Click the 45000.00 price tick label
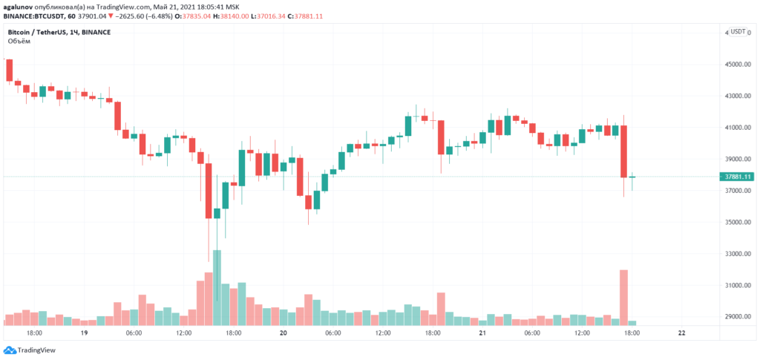click(738, 65)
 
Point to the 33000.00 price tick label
click(738, 254)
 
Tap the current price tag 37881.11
click(738, 177)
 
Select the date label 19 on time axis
click(85, 334)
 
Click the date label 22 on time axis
click(682, 334)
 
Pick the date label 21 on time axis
click(482, 334)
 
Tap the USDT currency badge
click(738, 32)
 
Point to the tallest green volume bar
click(217, 287)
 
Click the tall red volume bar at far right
click(623, 297)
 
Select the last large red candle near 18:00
click(624, 151)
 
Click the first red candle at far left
click(10, 71)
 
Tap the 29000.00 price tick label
click(738, 317)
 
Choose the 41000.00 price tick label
click(738, 128)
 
